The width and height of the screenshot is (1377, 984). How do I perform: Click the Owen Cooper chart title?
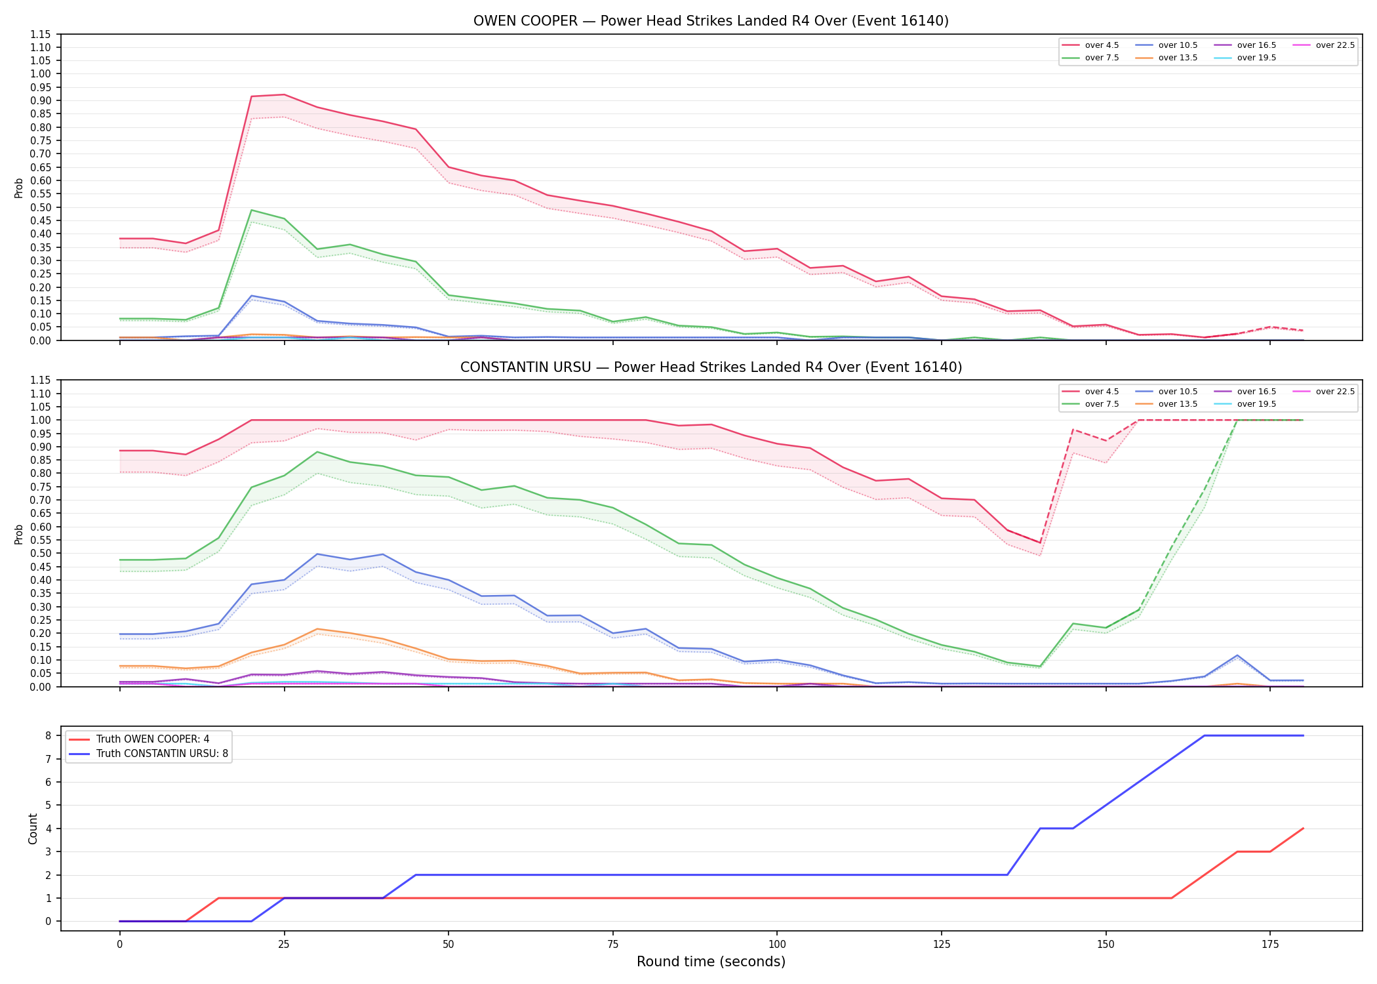[x=711, y=21]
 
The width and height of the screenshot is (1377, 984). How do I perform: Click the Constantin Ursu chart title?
[x=711, y=367]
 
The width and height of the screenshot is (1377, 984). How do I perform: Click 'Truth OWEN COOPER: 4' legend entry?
[x=139, y=739]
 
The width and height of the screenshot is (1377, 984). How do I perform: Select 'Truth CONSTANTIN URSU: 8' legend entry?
[x=149, y=754]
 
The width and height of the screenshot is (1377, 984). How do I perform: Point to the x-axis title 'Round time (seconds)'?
[x=711, y=962]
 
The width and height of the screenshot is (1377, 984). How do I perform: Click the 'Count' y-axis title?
[x=33, y=829]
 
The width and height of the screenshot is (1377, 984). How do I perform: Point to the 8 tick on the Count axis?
[x=48, y=736]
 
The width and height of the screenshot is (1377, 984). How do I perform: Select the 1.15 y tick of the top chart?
[x=41, y=34]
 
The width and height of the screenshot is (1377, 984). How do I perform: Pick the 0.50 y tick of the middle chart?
[x=41, y=553]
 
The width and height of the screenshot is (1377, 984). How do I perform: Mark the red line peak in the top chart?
[x=284, y=94]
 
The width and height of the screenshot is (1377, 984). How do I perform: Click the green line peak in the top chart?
[x=252, y=210]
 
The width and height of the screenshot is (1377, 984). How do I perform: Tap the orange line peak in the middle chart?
[x=317, y=629]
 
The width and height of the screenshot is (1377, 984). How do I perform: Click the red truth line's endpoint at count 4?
[x=1303, y=829]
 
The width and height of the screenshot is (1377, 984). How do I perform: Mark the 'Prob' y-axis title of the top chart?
[x=19, y=188]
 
